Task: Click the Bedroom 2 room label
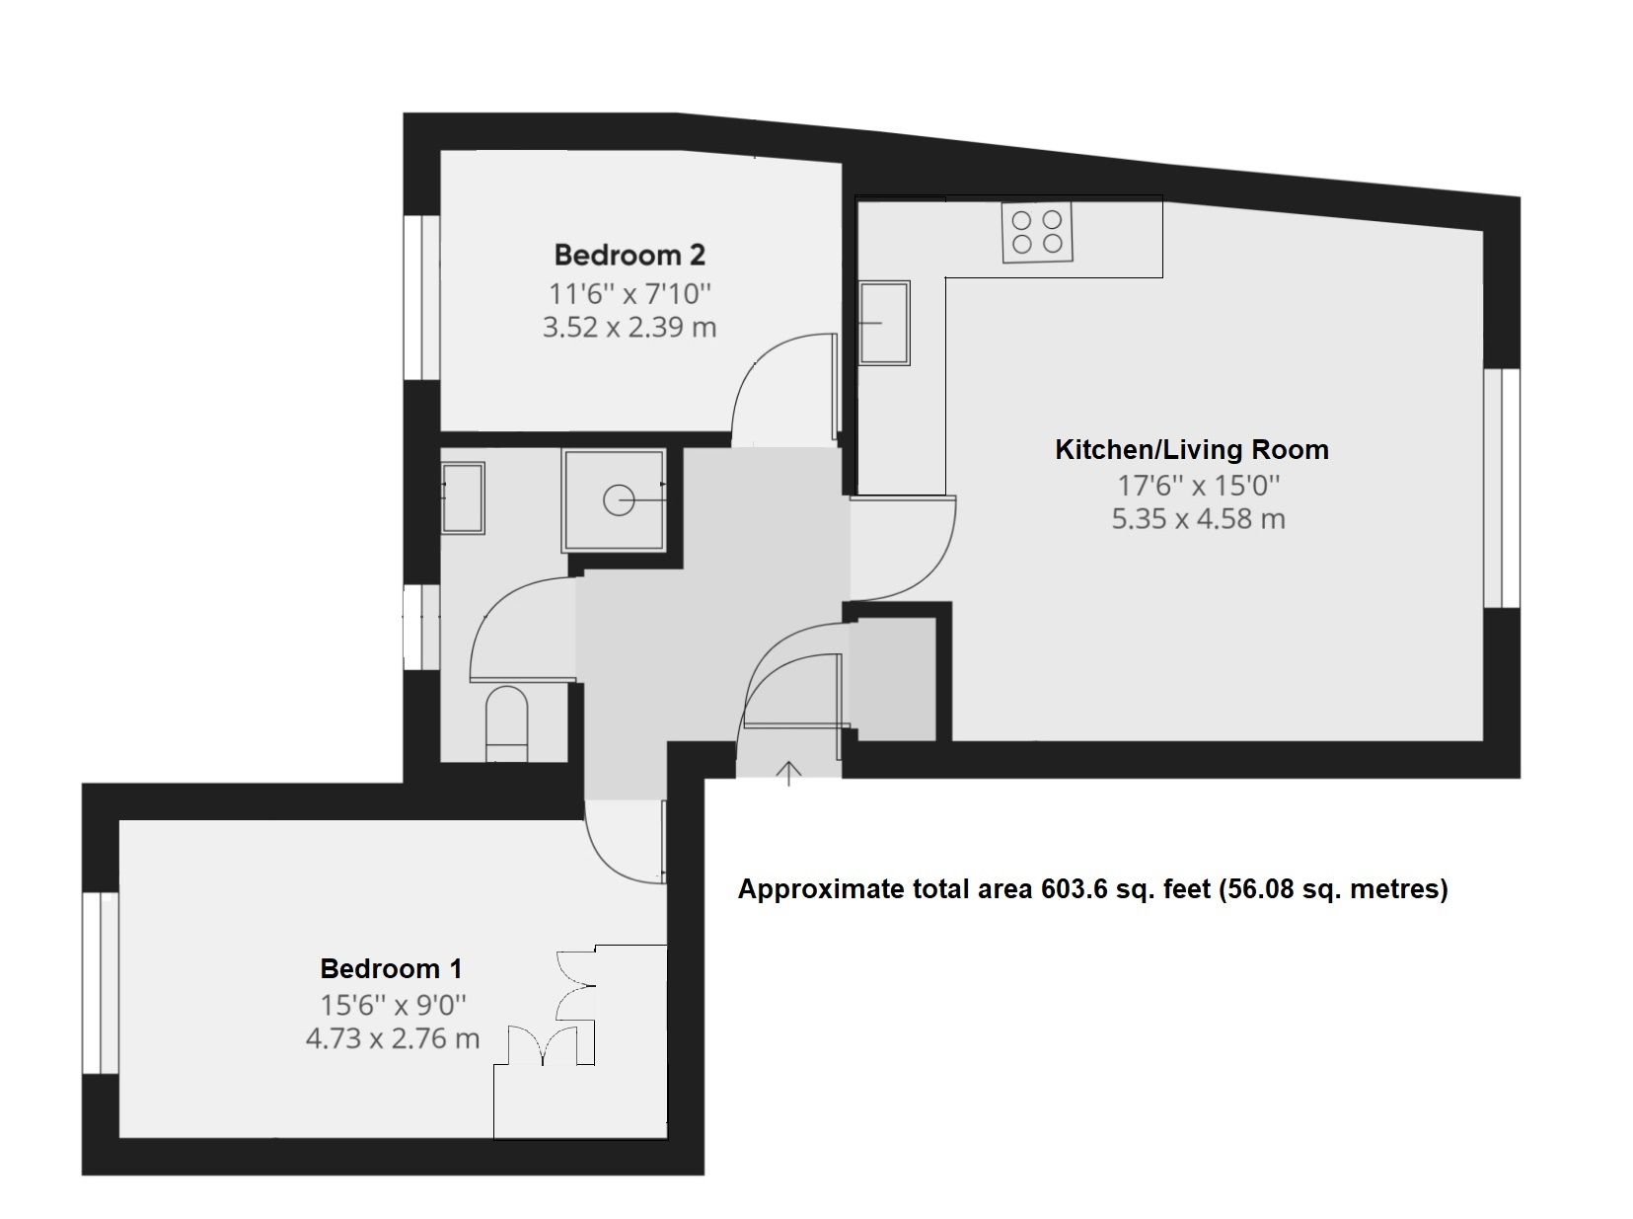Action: tap(630, 256)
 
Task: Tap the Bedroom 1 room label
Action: tap(392, 968)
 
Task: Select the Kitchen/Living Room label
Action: tap(1192, 449)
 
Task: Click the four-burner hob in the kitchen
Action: tap(1037, 232)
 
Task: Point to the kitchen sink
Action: tap(884, 322)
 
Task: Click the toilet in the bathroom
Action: tap(506, 724)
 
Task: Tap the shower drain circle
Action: tap(619, 500)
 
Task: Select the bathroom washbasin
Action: tap(463, 497)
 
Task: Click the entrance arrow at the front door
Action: tap(788, 774)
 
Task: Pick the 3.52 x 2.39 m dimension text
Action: tap(630, 328)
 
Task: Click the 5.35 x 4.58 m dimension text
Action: tap(1199, 519)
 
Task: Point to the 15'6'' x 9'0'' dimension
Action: tap(393, 1005)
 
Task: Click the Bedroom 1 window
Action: tap(101, 982)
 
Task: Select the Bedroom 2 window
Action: tap(422, 298)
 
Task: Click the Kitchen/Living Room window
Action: tap(1502, 489)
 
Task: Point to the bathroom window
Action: tap(422, 627)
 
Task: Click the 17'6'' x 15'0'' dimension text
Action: tap(1199, 486)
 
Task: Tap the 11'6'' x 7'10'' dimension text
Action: tap(630, 294)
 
